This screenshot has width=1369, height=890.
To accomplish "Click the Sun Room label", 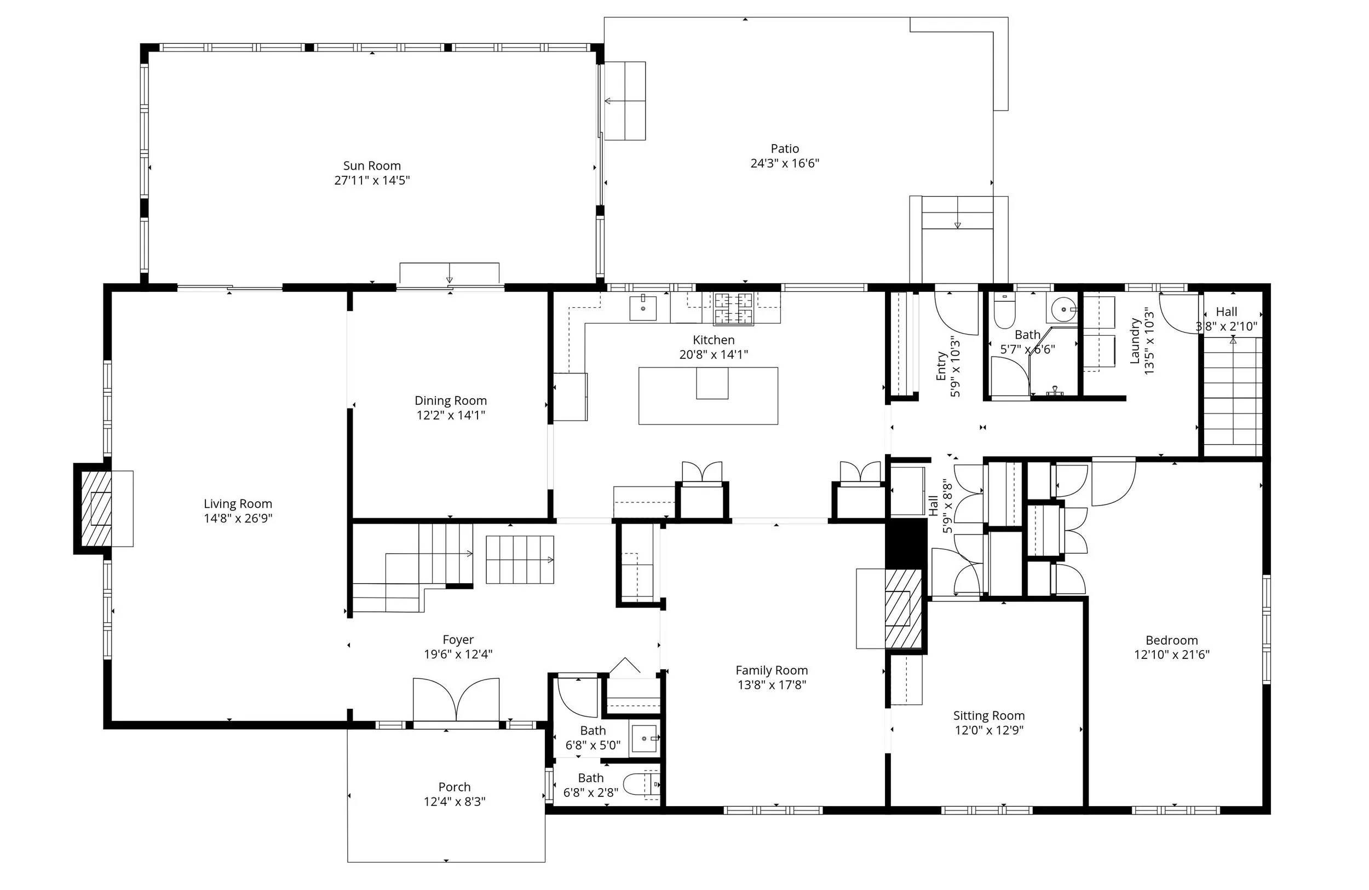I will pos(372,166).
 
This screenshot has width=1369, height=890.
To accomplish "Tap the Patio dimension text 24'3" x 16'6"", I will pos(785,163).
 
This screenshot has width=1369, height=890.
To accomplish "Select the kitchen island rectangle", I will pos(708,396).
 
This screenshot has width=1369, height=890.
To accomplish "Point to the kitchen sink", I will pos(643,308).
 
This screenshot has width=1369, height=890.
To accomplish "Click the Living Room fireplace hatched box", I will pos(95,509).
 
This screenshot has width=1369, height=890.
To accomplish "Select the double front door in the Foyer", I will pos(456,699).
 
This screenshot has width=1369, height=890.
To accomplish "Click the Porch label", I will pos(455,787).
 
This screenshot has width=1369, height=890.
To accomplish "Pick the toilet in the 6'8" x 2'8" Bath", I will pos(640,785).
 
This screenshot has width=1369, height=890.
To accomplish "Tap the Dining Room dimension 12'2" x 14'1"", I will pos(451,415).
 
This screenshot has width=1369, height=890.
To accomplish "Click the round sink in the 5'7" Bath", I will pos(1063,309).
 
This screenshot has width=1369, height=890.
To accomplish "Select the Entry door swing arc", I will pos(957,313).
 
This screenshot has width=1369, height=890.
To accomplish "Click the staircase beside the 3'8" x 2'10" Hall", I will pos(1233,397).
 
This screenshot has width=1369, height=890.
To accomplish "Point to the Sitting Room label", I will pos(989,716).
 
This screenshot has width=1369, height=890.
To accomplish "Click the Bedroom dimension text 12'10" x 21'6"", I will pos(1172,654).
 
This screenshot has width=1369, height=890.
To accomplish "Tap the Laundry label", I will pos(1135,341).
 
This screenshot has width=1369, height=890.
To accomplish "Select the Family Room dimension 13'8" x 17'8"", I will pos(772,685).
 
